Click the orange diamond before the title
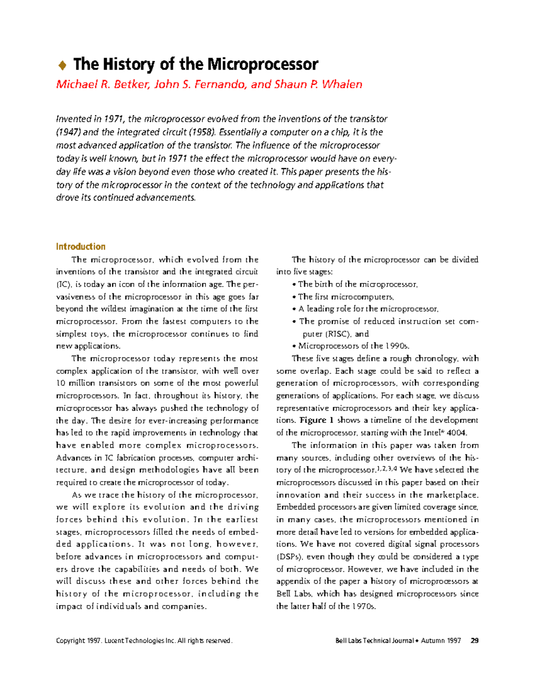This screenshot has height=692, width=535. pos(62,66)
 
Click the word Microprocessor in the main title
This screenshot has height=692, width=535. pos(263,65)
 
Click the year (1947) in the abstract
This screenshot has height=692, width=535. pos(68,132)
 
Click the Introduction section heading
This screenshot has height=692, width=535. pos(81,247)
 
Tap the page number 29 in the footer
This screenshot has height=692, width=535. pos(475,641)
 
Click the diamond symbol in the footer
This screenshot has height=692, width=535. pos(417,641)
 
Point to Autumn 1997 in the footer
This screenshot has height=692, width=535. pos(440,641)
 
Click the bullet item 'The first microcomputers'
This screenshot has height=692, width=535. pos(346,297)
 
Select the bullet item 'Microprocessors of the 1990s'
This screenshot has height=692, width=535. pos(354,346)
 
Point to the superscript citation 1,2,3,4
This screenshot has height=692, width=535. pos(387,468)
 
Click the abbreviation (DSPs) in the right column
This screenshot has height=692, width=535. pos(290,557)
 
